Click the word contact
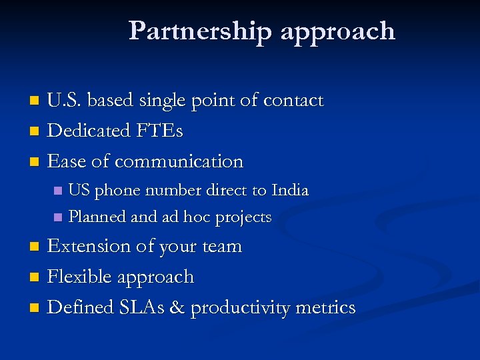293,101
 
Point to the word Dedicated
89,131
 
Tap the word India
290,191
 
